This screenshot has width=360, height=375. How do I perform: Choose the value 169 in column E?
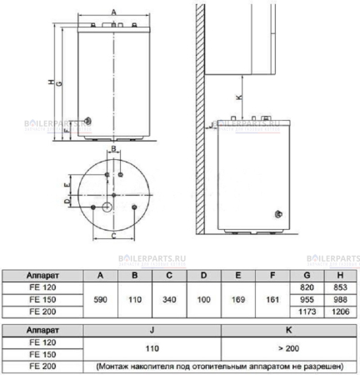[237, 297]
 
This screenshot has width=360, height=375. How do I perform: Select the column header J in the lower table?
[155, 330]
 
